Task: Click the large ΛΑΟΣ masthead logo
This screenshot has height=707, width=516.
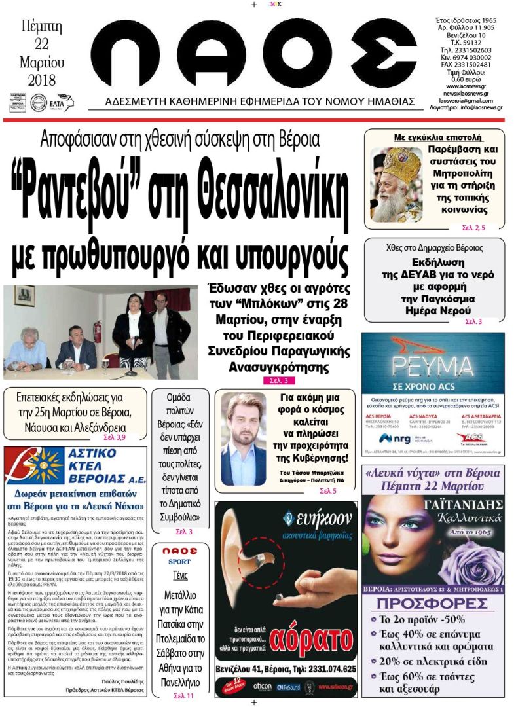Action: [253, 53]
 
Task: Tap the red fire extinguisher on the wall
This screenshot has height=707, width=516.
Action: [98, 331]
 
